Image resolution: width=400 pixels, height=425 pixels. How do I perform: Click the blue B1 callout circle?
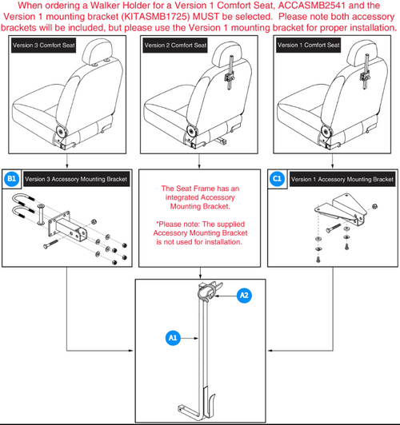click(x=12, y=179)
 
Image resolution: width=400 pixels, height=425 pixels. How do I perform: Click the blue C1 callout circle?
click(x=277, y=179)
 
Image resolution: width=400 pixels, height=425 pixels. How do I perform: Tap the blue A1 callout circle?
click(x=173, y=338)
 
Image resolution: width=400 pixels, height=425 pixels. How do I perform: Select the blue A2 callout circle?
click(x=244, y=295)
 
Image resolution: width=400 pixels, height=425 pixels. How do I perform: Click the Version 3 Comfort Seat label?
click(x=44, y=46)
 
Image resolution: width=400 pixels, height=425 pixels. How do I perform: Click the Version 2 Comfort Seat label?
click(x=175, y=46)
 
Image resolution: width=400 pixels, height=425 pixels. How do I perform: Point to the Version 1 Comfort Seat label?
click(x=308, y=45)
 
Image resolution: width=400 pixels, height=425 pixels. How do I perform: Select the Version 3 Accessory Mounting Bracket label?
click(x=76, y=179)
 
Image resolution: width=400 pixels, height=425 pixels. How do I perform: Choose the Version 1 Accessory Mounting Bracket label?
click(x=342, y=179)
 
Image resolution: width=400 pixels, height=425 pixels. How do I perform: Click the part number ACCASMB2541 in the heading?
click(x=312, y=6)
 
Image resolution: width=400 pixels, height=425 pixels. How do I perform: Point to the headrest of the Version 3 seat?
click(x=98, y=52)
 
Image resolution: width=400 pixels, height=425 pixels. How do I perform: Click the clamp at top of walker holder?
click(x=209, y=292)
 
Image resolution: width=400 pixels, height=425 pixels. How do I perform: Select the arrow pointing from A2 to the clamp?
click(x=226, y=296)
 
